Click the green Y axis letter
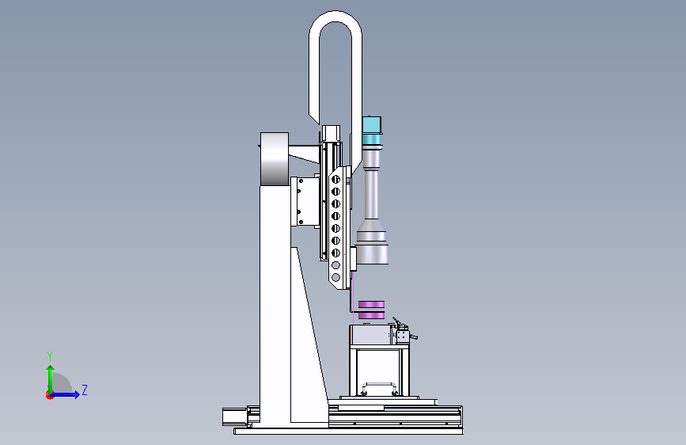pyautogui.click(x=50, y=356)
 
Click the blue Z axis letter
pyautogui.click(x=85, y=390)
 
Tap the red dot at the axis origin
pyautogui.click(x=49, y=395)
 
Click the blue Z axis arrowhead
pyautogui.click(x=77, y=394)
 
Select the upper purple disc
pyautogui.click(x=371, y=304)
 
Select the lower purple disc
pyautogui.click(x=371, y=315)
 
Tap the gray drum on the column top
pyautogui.click(x=275, y=159)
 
